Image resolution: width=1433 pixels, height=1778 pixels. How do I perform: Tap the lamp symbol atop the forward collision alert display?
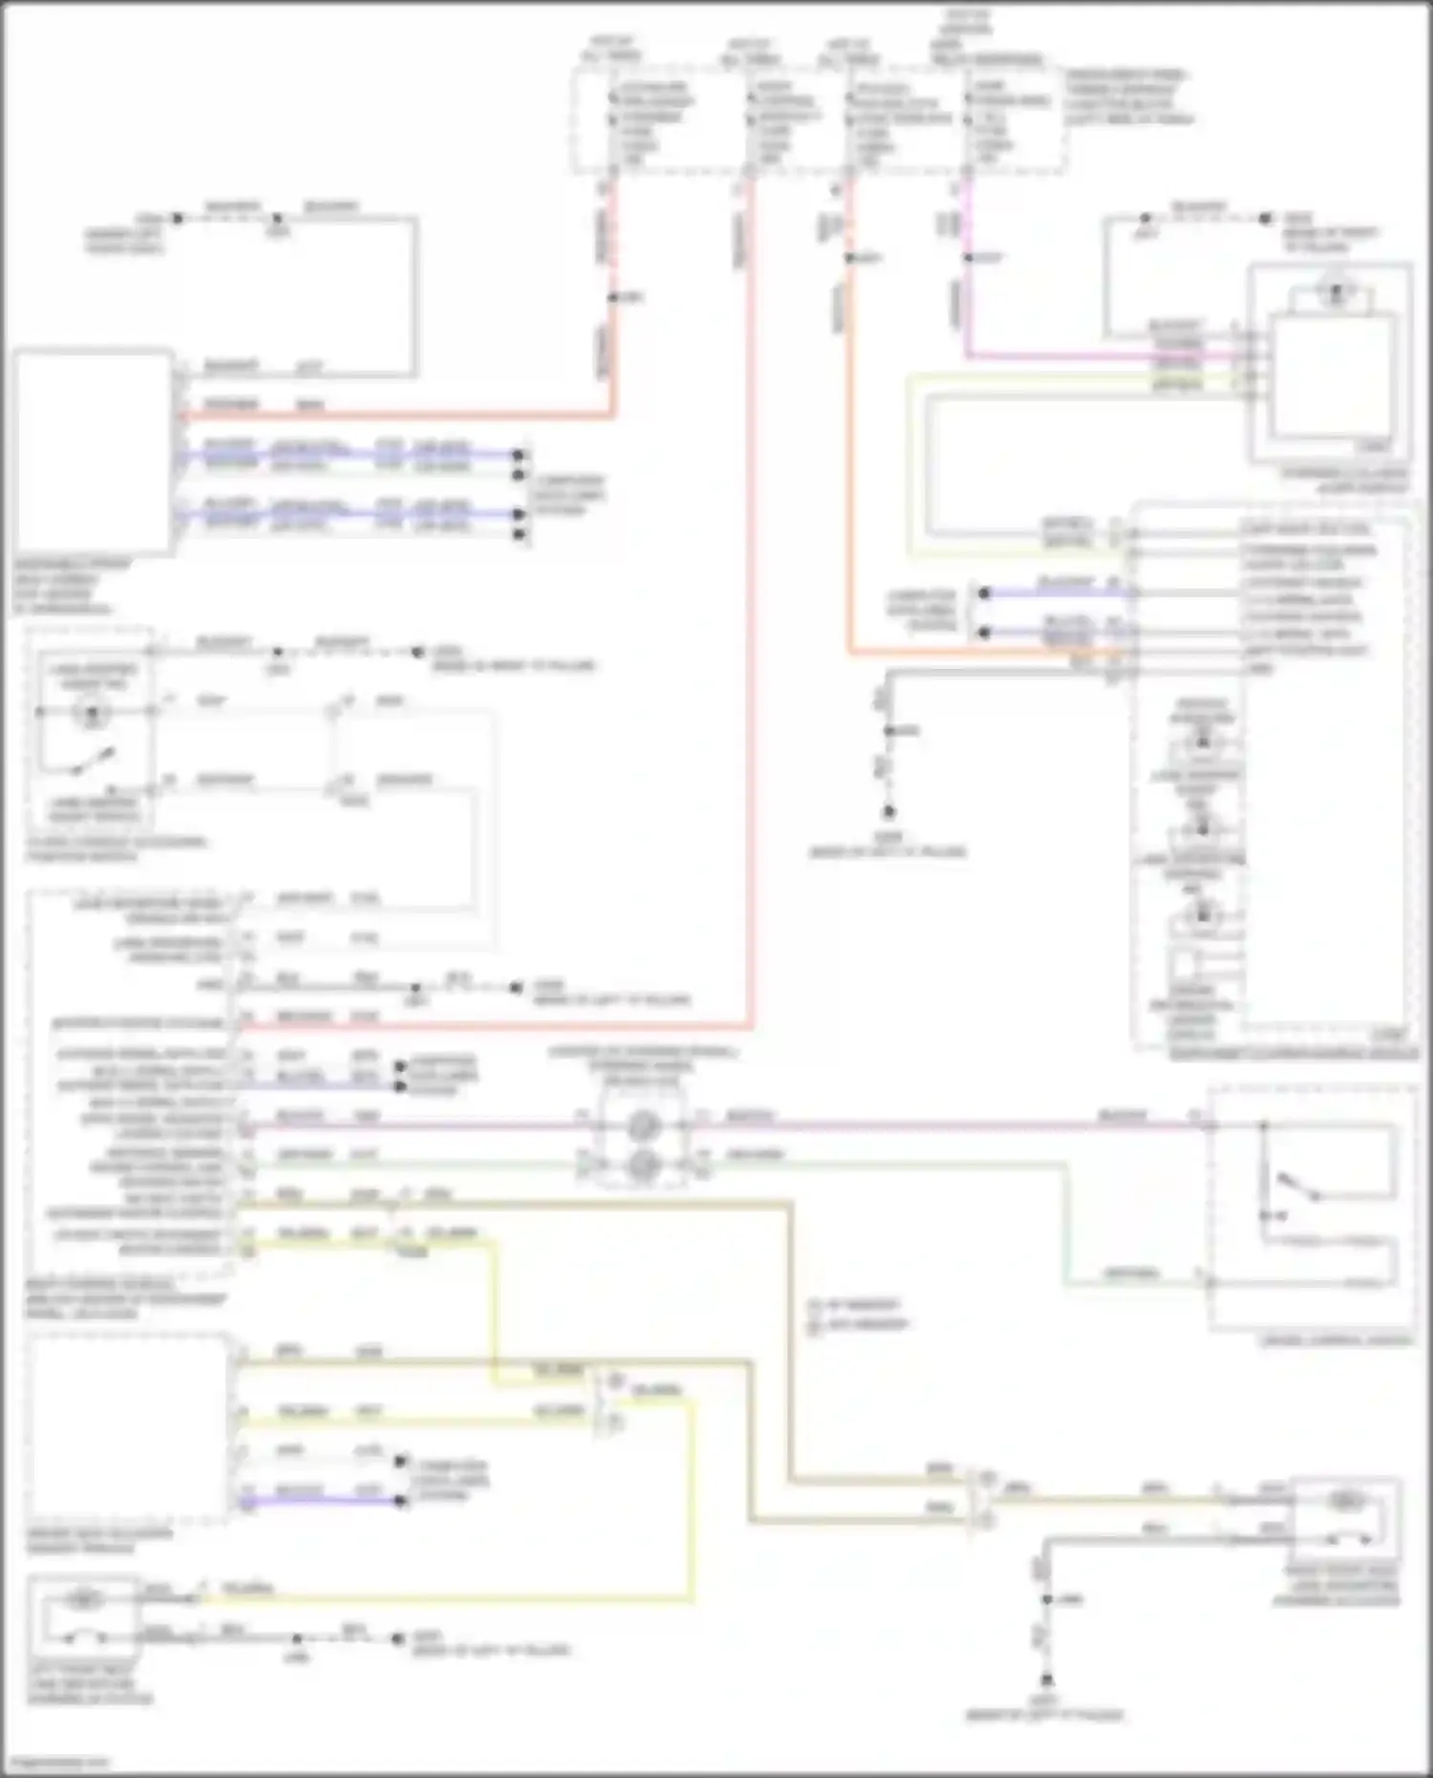[1335, 293]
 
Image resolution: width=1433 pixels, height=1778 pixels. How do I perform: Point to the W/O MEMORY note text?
[861, 1324]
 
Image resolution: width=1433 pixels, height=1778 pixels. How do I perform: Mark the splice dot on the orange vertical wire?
[850, 258]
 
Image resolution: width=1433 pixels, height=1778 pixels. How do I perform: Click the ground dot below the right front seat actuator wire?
[1047, 1679]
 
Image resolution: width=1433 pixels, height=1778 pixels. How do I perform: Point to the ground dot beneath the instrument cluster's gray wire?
[888, 812]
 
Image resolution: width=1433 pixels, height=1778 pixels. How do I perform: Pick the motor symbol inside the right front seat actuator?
[1345, 1503]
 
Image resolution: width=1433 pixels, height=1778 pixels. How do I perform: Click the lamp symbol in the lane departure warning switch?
[93, 712]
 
